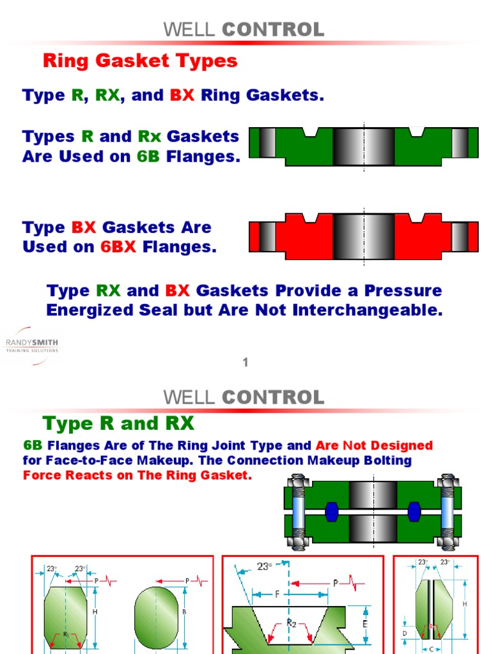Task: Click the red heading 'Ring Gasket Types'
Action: pyautogui.click(x=140, y=61)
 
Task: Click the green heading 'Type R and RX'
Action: pyautogui.click(x=118, y=423)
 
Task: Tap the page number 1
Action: pyautogui.click(x=245, y=363)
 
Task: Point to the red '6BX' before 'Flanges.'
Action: pyautogui.click(x=118, y=247)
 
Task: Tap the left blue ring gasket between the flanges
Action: pyautogui.click(x=331, y=511)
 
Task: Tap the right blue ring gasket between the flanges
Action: pyautogui.click(x=414, y=511)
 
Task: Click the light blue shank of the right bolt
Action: pyautogui.click(x=447, y=511)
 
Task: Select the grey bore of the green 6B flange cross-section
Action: pyautogui.click(x=363, y=146)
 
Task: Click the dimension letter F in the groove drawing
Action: pyautogui.click(x=277, y=594)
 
